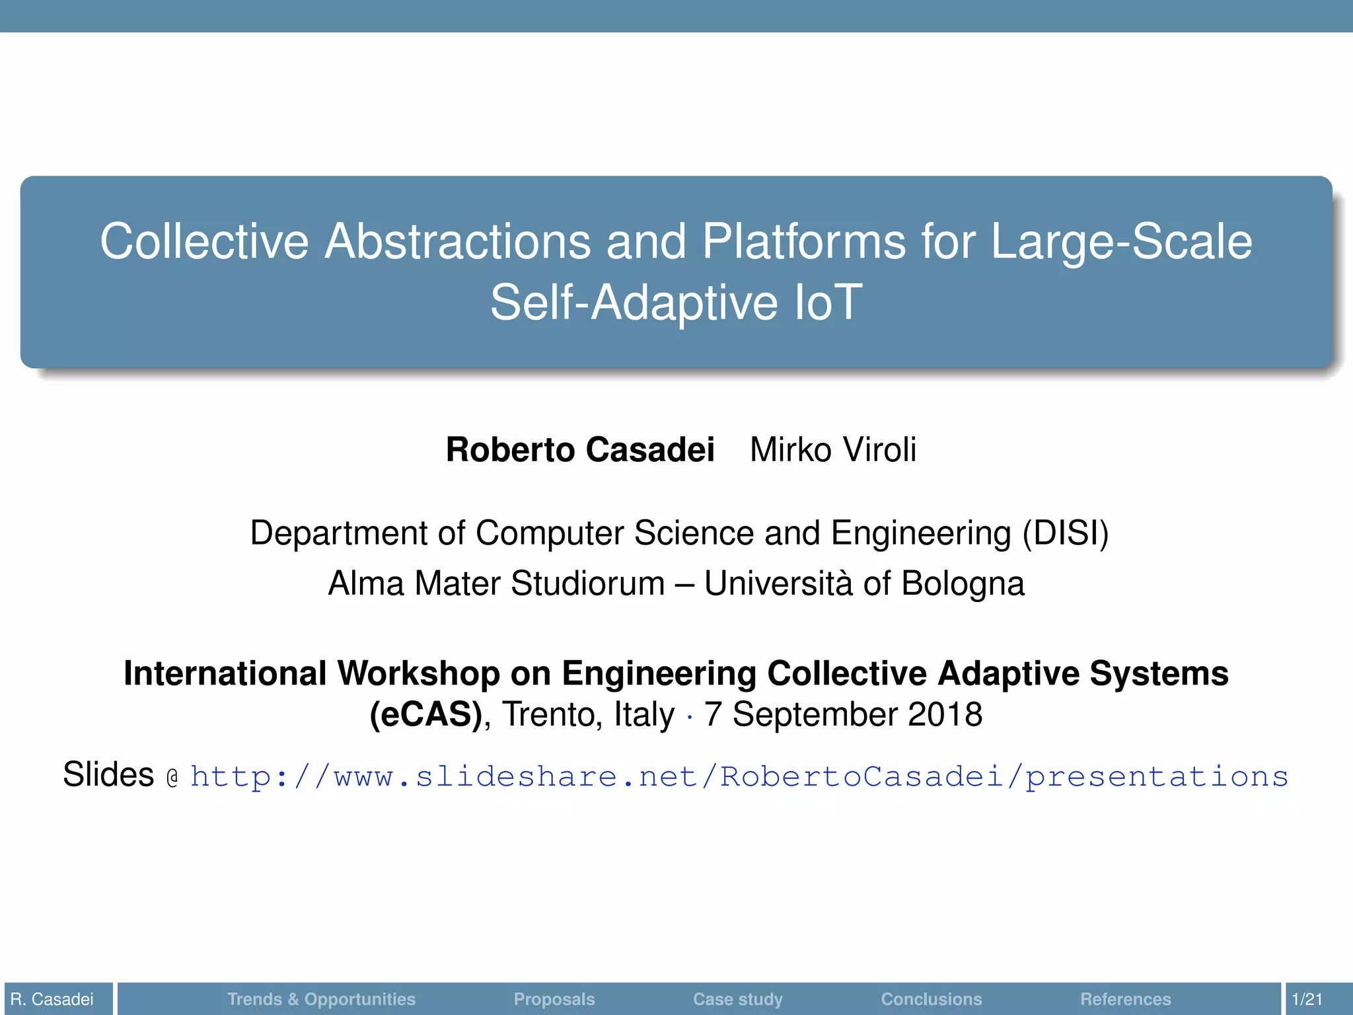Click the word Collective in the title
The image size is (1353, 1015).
click(x=204, y=241)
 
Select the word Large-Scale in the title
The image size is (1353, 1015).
click(x=1121, y=241)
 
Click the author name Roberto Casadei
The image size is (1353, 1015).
click(x=580, y=450)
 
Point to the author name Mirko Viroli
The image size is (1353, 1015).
click(x=833, y=450)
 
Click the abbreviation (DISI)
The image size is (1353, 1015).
click(x=1065, y=533)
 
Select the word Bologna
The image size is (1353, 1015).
click(x=963, y=583)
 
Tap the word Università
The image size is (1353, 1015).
click(x=778, y=583)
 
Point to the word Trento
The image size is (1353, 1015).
click(x=552, y=714)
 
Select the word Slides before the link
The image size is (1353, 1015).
click(x=108, y=774)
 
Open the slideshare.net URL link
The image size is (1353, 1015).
click(x=739, y=776)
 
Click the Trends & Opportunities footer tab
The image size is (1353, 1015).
click(x=321, y=999)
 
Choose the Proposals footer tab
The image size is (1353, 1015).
click(x=554, y=999)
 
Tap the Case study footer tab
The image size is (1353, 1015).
click(x=737, y=999)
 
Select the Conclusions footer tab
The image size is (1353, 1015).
click(x=931, y=999)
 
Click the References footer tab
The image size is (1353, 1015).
click(x=1125, y=999)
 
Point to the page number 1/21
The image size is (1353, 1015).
click(x=1307, y=999)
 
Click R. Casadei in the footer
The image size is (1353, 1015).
click(x=52, y=999)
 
